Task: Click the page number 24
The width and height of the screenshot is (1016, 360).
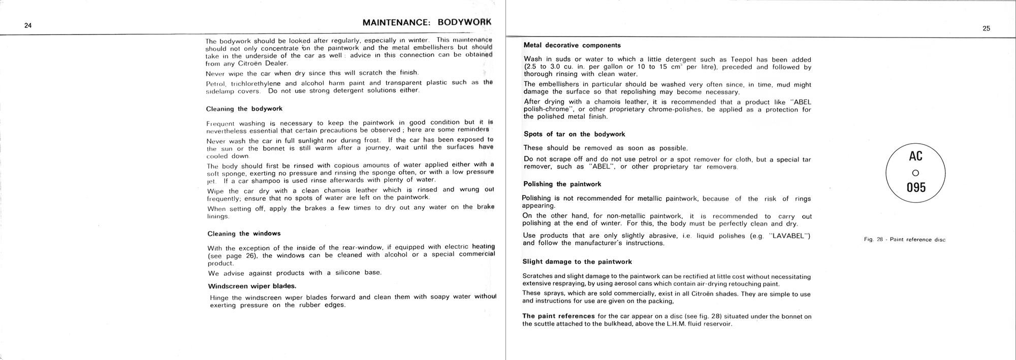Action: pyautogui.click(x=28, y=26)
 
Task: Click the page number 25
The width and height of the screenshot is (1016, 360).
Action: pyautogui.click(x=986, y=29)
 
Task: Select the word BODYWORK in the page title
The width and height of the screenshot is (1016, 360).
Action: pyautogui.click(x=464, y=23)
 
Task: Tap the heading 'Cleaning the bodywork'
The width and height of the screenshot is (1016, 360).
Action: pyautogui.click(x=244, y=109)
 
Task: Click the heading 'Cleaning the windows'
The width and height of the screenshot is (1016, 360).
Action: pyautogui.click(x=244, y=234)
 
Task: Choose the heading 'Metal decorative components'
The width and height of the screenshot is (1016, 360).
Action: pyautogui.click(x=571, y=45)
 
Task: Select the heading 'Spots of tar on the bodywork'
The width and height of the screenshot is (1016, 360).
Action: pyautogui.click(x=574, y=134)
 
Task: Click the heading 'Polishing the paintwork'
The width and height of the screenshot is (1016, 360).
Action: pyautogui.click(x=562, y=184)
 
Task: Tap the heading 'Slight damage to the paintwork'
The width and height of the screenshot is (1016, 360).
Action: pyautogui.click(x=577, y=262)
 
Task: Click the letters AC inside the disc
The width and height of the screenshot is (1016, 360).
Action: pyautogui.click(x=915, y=156)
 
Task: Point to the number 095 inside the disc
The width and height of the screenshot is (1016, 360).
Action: pyautogui.click(x=916, y=188)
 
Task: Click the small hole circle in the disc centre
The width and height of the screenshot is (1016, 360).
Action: pyautogui.click(x=915, y=173)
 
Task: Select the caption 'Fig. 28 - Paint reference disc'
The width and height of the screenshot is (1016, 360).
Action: pyautogui.click(x=904, y=240)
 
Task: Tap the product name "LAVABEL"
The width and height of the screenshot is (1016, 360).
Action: pyautogui.click(x=790, y=236)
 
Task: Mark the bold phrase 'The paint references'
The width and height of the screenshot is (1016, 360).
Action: pyautogui.click(x=558, y=316)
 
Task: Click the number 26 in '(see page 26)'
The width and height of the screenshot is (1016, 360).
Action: pyautogui.click(x=250, y=256)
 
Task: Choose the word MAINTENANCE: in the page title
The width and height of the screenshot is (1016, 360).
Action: pyautogui.click(x=397, y=23)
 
